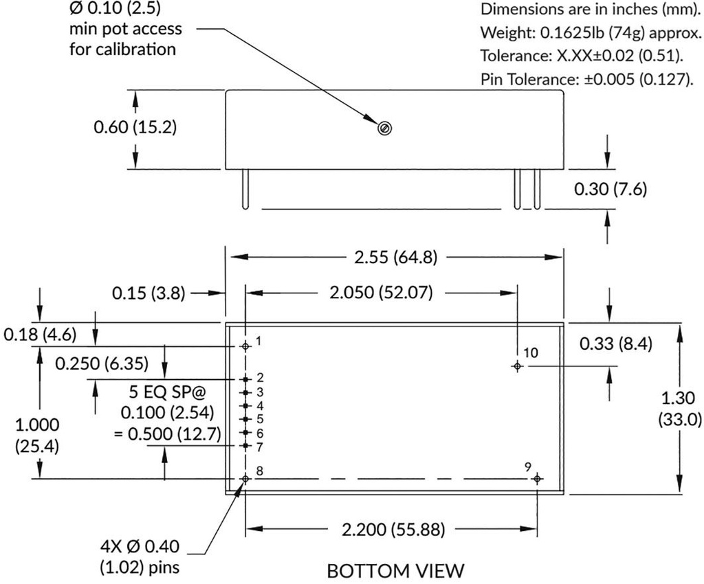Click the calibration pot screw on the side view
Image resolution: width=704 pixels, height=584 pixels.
coord(385,128)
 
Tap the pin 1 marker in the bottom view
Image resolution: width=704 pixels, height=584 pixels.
coord(245,346)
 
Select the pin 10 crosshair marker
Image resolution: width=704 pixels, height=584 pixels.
coord(517,366)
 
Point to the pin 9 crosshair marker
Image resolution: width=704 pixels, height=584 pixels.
coord(538,478)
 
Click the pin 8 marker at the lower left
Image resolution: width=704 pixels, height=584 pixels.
coord(245,478)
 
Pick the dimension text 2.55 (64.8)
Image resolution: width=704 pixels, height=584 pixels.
coord(394,257)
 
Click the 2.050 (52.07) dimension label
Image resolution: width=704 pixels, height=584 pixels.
coord(381,293)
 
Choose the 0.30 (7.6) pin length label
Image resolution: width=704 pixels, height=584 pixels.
coord(610,189)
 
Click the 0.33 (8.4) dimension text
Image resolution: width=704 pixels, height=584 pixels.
coord(615,343)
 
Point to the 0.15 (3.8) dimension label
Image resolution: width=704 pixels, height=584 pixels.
coord(148,293)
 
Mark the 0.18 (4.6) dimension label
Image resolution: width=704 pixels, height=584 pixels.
coord(39,335)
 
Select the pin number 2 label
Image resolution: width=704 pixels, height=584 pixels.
coord(260,377)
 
